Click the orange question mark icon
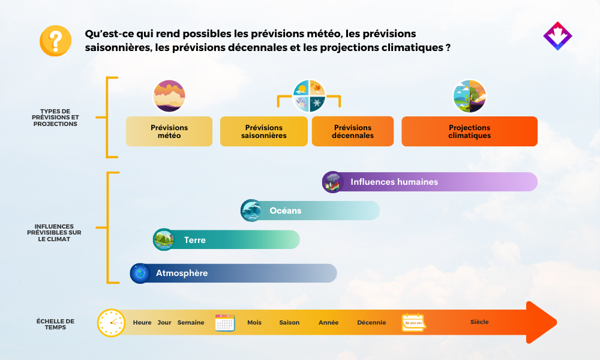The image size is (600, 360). pos(55,41)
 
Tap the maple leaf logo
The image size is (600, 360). pos(557,36)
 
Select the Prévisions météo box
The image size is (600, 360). pos(169,131)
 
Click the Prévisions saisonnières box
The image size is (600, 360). pos(263,131)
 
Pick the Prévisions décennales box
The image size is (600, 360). pos(352,131)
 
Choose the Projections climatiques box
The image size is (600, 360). pos(470,131)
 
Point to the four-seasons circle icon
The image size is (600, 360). pos(309,95)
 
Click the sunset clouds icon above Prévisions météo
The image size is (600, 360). pos(169,95)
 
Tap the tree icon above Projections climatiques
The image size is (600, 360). pos(470,95)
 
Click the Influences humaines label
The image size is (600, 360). pos(394,182)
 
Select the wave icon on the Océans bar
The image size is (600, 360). pos(251,211)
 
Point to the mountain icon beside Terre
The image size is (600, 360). pos(164,239)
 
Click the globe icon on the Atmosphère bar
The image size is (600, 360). pos(140,273)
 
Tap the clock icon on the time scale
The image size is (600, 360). pos(111,323)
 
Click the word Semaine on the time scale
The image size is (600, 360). pos(191,323)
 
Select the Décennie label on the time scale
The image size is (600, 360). pos(371,323)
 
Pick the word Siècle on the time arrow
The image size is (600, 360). pos(479,322)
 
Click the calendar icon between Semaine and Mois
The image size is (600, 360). pos(225,323)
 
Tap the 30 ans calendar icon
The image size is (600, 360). pos(413,323)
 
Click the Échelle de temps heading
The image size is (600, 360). pos(55,324)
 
